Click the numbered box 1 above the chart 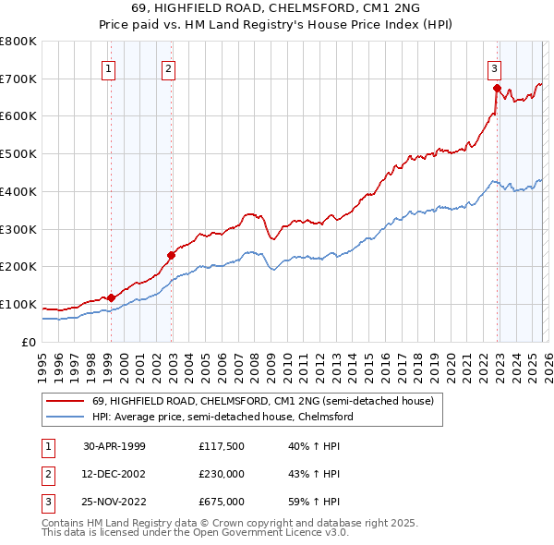pyautogui.click(x=109, y=67)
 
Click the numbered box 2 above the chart pyautogui.click(x=168, y=67)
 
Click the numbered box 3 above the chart pyautogui.click(x=494, y=67)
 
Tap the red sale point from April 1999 pyautogui.click(x=111, y=297)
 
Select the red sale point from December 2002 pyautogui.click(x=171, y=255)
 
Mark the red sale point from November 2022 pyautogui.click(x=497, y=88)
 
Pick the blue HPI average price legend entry pyautogui.click(x=222, y=418)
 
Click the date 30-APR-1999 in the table pyautogui.click(x=114, y=445)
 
